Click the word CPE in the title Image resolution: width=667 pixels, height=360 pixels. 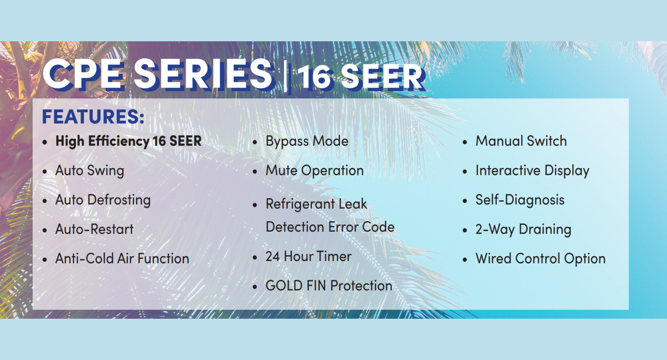pos(83,74)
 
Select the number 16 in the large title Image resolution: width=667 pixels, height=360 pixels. pos(315,77)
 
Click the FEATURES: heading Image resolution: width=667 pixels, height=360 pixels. pos(93,116)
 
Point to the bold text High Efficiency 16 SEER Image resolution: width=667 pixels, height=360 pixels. pos(128,141)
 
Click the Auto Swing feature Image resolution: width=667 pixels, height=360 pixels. pos(90,171)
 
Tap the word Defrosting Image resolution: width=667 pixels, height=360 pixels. pos(119,200)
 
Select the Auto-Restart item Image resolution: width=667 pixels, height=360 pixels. pos(94,229)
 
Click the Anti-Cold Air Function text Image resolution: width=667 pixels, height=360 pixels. pos(122,258)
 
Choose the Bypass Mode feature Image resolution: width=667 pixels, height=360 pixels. pos(307,141)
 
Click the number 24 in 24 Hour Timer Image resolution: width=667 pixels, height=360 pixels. pos(273,257)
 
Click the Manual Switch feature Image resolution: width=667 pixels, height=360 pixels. pos(521,141)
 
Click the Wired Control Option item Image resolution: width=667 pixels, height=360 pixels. pos(540,259)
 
